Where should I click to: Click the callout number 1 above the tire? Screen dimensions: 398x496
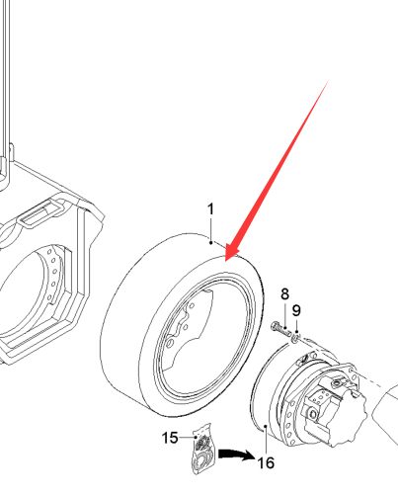(x=210, y=209)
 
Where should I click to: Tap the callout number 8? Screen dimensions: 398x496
(x=284, y=294)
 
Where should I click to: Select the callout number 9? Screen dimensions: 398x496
(x=296, y=310)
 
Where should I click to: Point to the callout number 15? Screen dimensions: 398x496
(x=170, y=438)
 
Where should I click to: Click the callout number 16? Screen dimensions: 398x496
(x=266, y=463)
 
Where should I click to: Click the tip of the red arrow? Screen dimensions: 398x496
(x=225, y=261)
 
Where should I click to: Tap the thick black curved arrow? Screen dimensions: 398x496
(x=236, y=455)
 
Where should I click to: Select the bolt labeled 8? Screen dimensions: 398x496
(x=280, y=329)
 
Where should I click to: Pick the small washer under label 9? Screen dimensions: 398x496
(x=295, y=338)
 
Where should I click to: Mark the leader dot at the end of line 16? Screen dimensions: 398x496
(x=266, y=426)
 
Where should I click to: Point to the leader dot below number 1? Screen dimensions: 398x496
(x=210, y=243)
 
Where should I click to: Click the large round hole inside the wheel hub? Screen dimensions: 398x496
(x=170, y=344)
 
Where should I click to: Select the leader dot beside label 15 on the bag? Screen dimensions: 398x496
(x=197, y=438)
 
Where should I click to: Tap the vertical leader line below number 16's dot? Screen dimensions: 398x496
(x=266, y=441)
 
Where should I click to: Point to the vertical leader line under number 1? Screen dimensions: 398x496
(x=210, y=229)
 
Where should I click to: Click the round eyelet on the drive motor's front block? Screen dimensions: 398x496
(x=312, y=414)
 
